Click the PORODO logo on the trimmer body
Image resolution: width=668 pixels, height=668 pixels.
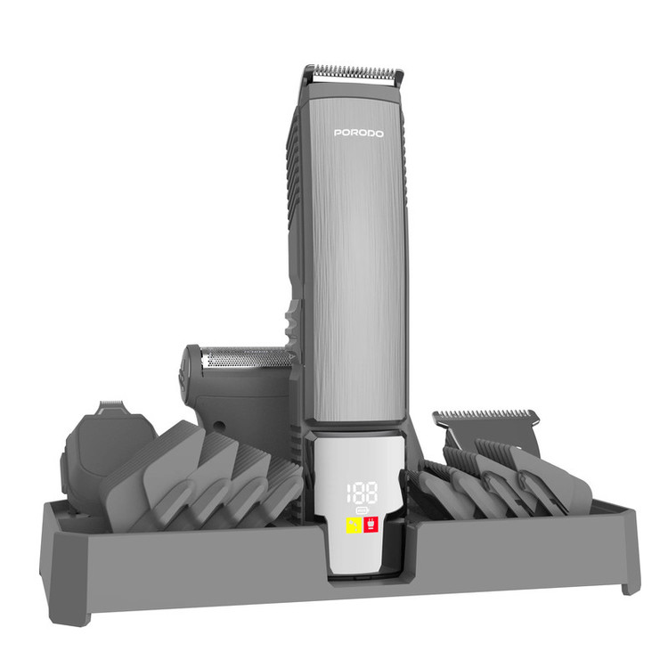[359, 134]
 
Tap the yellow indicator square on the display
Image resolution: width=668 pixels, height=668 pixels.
[354, 525]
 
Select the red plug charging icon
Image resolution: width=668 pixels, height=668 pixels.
[371, 525]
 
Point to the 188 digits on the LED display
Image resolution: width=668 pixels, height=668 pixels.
[362, 493]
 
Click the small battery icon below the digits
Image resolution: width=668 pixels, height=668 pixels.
[362, 510]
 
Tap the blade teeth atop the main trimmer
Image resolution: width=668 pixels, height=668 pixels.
[358, 72]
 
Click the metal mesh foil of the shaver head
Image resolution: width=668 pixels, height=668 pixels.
[246, 357]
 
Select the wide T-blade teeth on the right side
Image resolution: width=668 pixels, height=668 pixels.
[485, 414]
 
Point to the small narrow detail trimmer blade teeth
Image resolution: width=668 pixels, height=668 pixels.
[111, 403]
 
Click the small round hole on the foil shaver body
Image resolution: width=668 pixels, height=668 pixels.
[219, 426]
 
